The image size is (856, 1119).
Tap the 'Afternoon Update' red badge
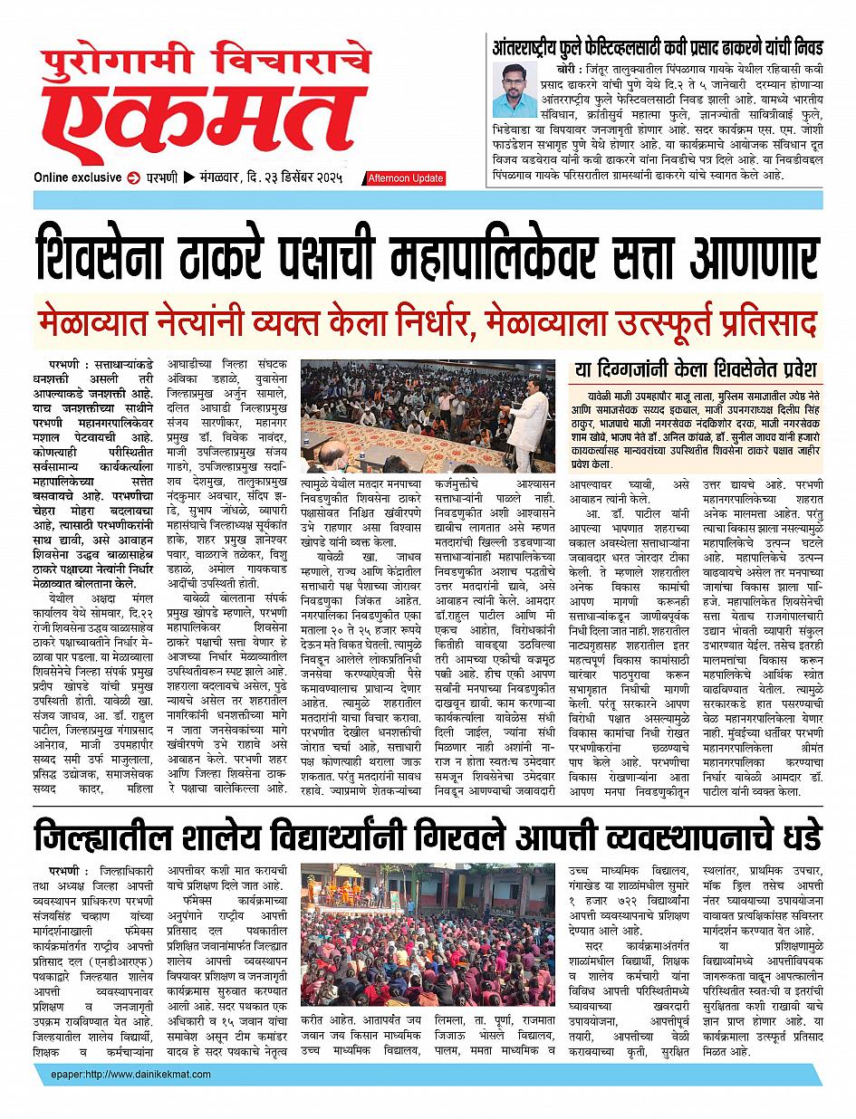[404, 178]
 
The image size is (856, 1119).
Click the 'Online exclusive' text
[77, 177]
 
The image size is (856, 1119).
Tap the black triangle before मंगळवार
[188, 177]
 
